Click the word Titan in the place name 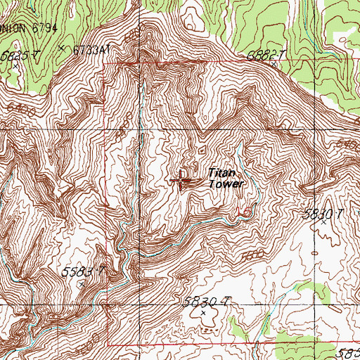click(220, 172)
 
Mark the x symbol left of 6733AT click(62, 49)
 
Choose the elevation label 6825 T click(17, 53)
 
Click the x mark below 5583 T click(82, 283)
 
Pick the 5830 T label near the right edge click(321, 215)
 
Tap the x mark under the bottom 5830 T click(205, 313)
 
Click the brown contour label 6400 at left click(23, 111)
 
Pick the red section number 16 click(245, 212)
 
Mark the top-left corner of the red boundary click(104, 65)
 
